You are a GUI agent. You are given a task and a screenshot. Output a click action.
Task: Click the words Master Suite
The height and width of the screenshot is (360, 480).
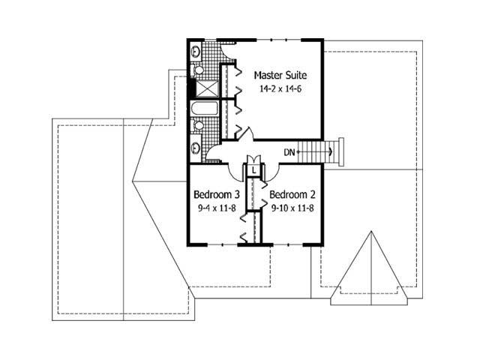(280, 75)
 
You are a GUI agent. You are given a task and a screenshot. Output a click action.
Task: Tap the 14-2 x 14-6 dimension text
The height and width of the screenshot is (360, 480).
(280, 88)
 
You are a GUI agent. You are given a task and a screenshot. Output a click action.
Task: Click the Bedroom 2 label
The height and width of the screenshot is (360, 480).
(291, 193)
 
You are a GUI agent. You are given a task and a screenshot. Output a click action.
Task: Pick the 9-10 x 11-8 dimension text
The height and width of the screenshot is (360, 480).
(291, 206)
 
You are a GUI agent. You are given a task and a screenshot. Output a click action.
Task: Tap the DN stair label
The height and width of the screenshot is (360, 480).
(289, 153)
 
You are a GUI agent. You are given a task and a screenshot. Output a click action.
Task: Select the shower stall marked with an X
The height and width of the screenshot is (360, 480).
(208, 88)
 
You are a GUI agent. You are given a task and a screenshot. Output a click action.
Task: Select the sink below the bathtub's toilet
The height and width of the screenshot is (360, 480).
(196, 147)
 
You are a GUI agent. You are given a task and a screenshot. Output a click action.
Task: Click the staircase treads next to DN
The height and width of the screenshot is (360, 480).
(322, 152)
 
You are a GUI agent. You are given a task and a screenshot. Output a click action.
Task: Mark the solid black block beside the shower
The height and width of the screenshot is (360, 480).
(190, 89)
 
